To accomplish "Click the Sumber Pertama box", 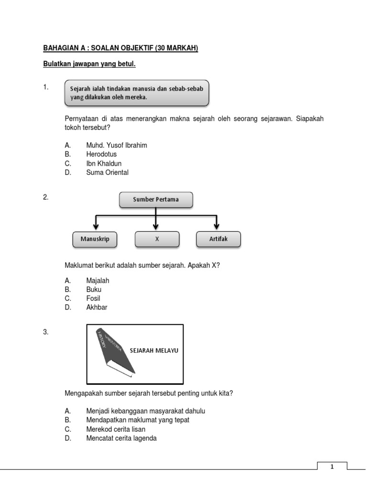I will tap(156, 200).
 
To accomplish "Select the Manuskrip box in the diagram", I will tap(95, 239).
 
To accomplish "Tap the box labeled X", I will tap(157, 239).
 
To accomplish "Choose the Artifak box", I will tap(218, 239).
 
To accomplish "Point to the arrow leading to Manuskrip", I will tap(96, 223).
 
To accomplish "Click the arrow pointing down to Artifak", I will tap(217, 223).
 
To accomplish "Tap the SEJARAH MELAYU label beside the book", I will tap(154, 351).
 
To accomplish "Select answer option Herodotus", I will tap(101, 154).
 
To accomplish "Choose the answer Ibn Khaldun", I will tap(104, 163).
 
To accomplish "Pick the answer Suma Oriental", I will tap(107, 172).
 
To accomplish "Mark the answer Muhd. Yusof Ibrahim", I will tap(117, 145).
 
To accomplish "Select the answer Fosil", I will tap(93, 298).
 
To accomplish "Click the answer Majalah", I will tap(97, 280).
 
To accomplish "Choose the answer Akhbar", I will tap(97, 308).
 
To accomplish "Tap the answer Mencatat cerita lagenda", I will tap(121, 438).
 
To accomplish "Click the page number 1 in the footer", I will tap(332, 467).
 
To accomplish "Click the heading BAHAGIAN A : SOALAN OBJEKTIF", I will tap(120, 48).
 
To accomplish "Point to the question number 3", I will tap(46, 332).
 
